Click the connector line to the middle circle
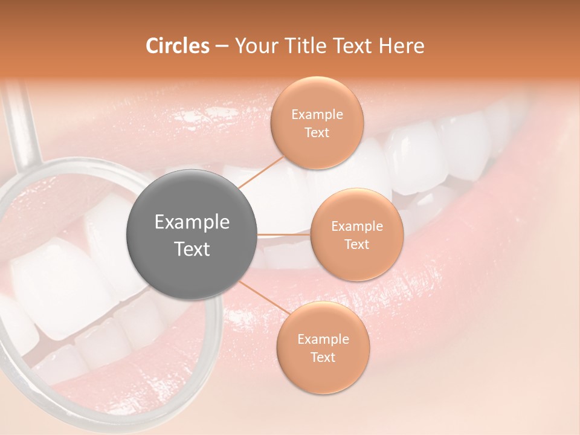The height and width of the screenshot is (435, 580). (x=284, y=234)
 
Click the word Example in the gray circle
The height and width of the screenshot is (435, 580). (x=192, y=222)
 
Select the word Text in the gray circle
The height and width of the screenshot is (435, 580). (x=192, y=249)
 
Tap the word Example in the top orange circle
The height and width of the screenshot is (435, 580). (x=317, y=115)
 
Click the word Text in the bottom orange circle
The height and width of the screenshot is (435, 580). (x=323, y=357)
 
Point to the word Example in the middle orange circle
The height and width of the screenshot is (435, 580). (x=357, y=227)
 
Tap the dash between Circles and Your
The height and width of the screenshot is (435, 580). (x=222, y=46)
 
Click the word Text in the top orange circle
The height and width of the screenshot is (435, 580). (x=317, y=132)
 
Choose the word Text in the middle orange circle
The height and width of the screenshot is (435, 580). (x=356, y=244)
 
